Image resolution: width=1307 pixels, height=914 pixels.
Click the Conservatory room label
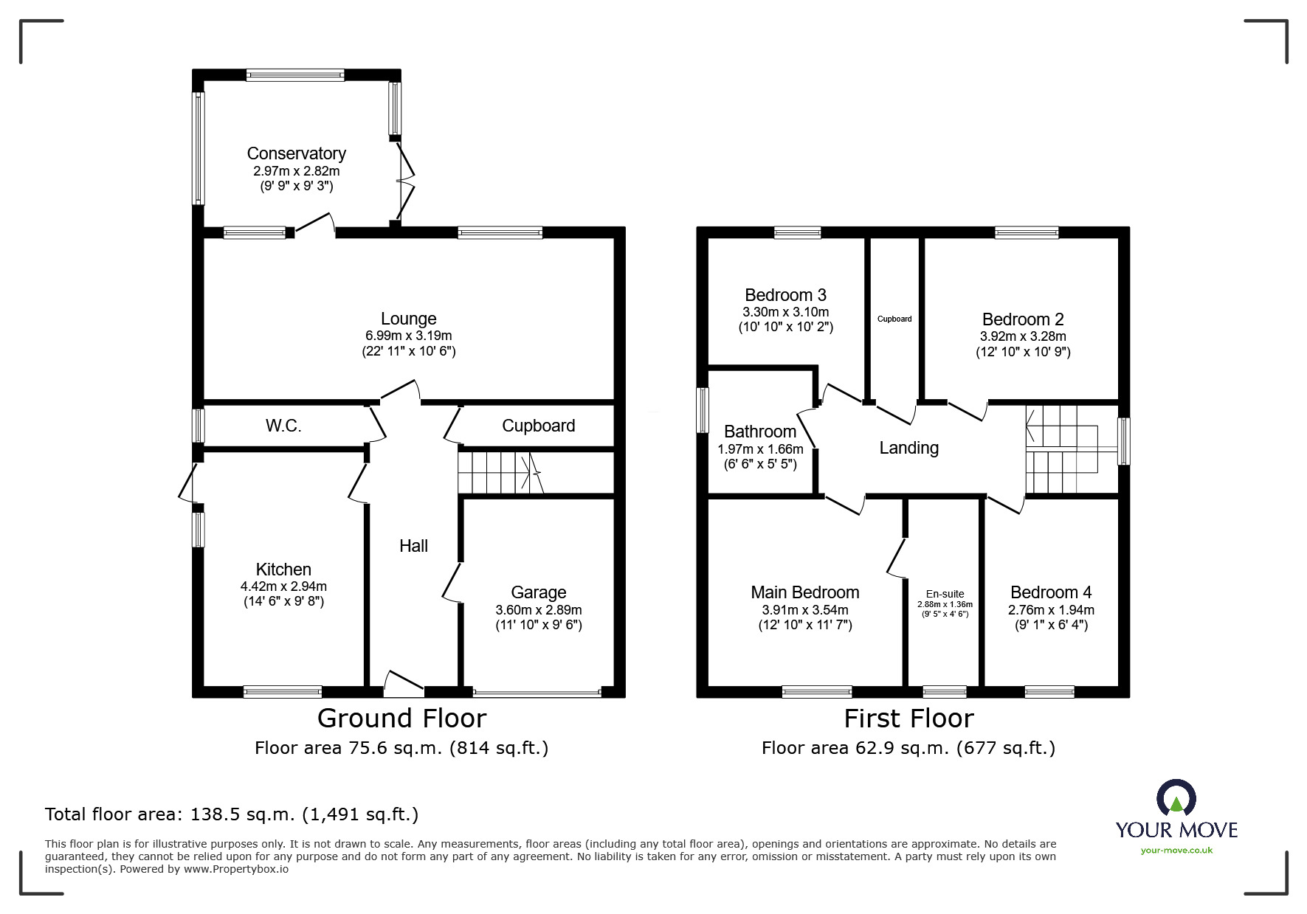(x=296, y=153)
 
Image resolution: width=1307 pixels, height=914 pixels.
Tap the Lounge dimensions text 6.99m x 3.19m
(x=408, y=336)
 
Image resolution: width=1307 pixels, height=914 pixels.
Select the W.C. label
(x=283, y=426)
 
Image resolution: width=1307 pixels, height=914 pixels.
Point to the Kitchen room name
(x=283, y=569)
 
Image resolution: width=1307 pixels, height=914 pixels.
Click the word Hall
(x=413, y=546)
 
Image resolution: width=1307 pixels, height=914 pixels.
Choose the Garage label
(x=539, y=592)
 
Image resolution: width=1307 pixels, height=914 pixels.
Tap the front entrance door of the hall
(x=404, y=684)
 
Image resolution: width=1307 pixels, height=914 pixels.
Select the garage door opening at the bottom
(x=537, y=693)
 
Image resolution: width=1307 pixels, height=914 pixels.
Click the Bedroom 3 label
(x=785, y=296)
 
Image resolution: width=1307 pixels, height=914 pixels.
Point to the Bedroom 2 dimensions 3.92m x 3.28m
(x=1023, y=336)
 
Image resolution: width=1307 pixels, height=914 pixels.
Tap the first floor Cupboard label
(x=894, y=319)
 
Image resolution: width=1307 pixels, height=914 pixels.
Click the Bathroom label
(x=760, y=432)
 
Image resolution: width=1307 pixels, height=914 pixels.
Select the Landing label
(x=909, y=448)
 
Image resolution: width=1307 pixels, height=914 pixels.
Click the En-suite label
(x=945, y=594)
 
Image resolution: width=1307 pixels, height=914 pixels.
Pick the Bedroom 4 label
(x=1051, y=592)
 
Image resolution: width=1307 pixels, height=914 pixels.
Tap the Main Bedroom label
(x=805, y=592)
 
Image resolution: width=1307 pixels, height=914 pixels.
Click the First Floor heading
(x=909, y=719)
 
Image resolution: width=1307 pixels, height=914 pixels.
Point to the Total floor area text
(x=232, y=814)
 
